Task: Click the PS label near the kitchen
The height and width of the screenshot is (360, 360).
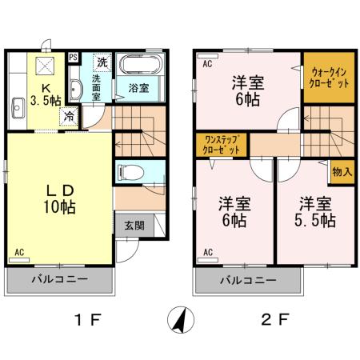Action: tap(74, 57)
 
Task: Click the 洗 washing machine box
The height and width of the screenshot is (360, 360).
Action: tap(102, 62)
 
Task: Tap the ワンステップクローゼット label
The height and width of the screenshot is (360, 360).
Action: tap(221, 145)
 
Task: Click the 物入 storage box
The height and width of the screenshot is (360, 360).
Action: tap(341, 172)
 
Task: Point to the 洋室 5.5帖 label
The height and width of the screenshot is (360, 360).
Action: tap(315, 209)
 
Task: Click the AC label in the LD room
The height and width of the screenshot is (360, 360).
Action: tap(18, 254)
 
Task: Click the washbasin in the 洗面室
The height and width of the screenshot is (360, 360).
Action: tap(75, 89)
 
